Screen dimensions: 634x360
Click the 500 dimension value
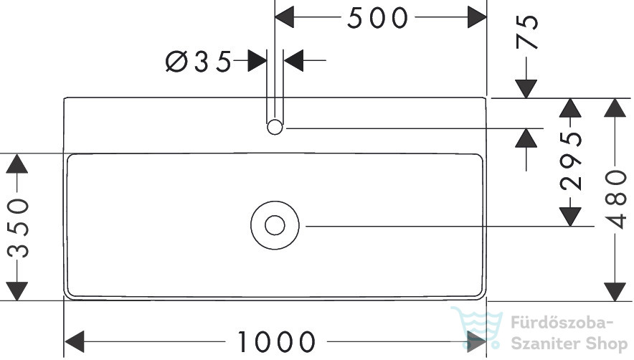378,18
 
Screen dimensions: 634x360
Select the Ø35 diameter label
199,62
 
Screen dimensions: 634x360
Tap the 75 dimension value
528,32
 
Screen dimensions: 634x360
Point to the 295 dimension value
571,161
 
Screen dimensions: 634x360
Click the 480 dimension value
616,199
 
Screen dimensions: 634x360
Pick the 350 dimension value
19,228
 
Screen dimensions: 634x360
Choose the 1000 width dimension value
276,342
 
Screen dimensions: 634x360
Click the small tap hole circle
275,127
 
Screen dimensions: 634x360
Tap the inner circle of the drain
275,225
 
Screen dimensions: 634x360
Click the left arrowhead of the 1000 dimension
75,341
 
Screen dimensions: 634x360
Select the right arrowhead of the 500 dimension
477,17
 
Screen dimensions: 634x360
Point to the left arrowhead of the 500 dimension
284,17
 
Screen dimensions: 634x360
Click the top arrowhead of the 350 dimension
17,164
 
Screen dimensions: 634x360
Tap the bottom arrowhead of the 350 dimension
17,291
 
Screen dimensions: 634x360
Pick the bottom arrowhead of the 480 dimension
615,292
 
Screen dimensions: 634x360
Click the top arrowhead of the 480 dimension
615,108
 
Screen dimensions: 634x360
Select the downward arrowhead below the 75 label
526,89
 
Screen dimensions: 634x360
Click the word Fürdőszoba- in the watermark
562,323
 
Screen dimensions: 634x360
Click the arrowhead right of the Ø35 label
257,61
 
